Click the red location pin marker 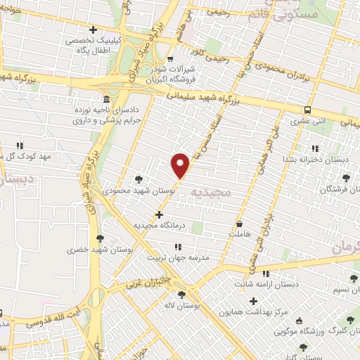181,165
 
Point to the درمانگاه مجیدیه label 160,225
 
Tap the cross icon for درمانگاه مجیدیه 160,214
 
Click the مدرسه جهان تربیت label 178,257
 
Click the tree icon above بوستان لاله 181,295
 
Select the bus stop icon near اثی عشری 307,110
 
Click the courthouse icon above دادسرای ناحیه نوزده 106,98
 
